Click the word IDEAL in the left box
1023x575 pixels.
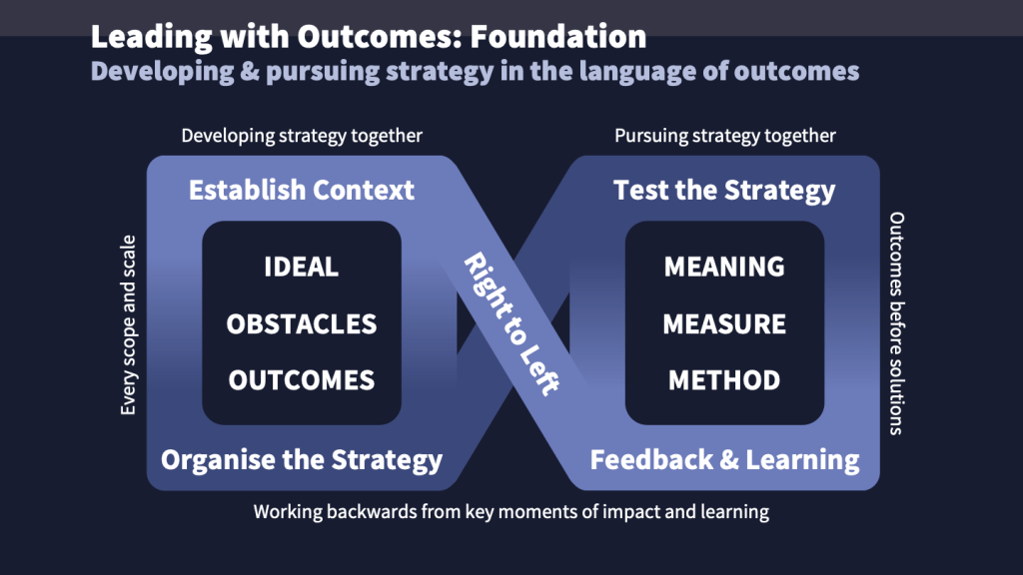coord(301,268)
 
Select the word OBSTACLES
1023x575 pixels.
coord(301,324)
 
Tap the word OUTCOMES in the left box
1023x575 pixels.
coord(301,380)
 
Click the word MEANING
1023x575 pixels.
coord(724,268)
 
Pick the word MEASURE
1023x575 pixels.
coord(724,324)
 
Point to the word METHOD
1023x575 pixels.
coord(724,380)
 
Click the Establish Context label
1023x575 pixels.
coord(301,190)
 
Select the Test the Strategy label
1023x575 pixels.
coord(724,190)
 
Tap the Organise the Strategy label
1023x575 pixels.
coord(301,460)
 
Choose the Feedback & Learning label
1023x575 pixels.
coord(724,460)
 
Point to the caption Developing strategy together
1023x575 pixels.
coord(302,136)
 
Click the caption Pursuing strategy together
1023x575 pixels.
coord(724,136)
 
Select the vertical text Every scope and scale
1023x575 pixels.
coord(128,325)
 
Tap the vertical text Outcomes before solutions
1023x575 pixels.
coord(896,323)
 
